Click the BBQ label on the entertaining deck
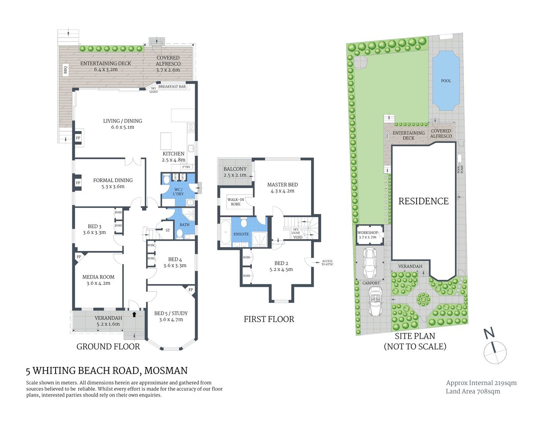[66, 70]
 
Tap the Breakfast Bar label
[172, 87]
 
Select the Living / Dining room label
[123, 124]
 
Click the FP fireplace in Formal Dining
[78, 183]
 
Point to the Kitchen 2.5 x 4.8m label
[173, 157]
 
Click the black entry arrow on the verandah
[134, 314]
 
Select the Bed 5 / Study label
[171, 316]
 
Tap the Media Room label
[98, 280]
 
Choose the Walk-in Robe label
[236, 202]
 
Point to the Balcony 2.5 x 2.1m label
[235, 172]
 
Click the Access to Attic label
[327, 263]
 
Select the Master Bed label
[282, 188]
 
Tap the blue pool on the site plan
[446, 81]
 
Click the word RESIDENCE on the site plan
[423, 201]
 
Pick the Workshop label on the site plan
[368, 235]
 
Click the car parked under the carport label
[375, 302]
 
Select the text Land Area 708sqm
[473, 391]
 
